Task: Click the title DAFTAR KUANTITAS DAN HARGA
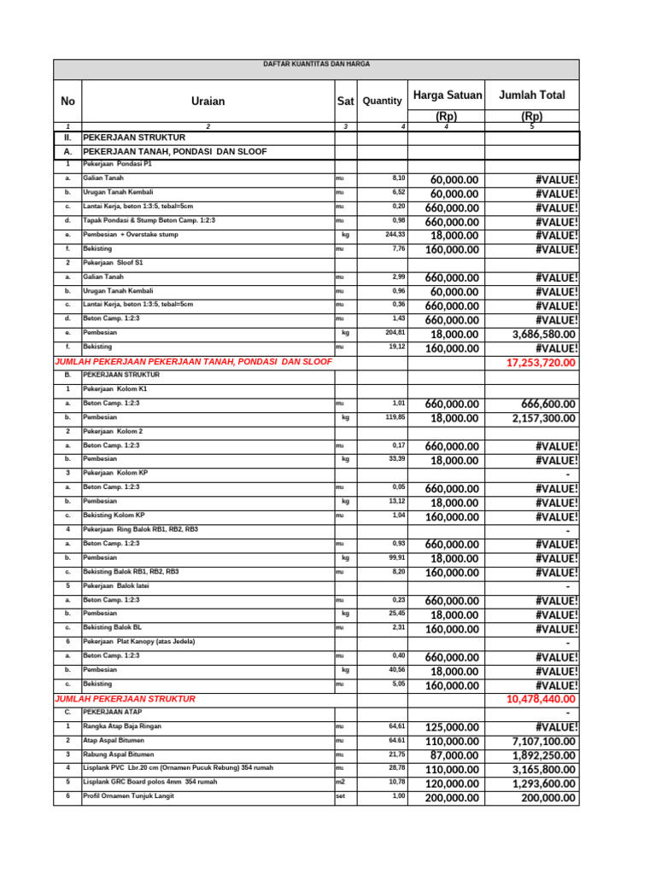pyautogui.click(x=316, y=64)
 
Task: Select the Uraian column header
pyautogui.click(x=208, y=102)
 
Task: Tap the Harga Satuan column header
pyautogui.click(x=447, y=95)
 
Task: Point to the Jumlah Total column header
pyautogui.click(x=531, y=95)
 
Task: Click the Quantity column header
pyautogui.click(x=382, y=101)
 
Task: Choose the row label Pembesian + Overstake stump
pyautogui.click(x=131, y=234)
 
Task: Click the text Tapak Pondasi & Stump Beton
pyautogui.click(x=137, y=220)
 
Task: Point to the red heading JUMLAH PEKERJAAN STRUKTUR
pyautogui.click(x=125, y=698)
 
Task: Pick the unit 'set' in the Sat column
pyautogui.click(x=341, y=796)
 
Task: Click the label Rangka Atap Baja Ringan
pyautogui.click(x=122, y=726)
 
